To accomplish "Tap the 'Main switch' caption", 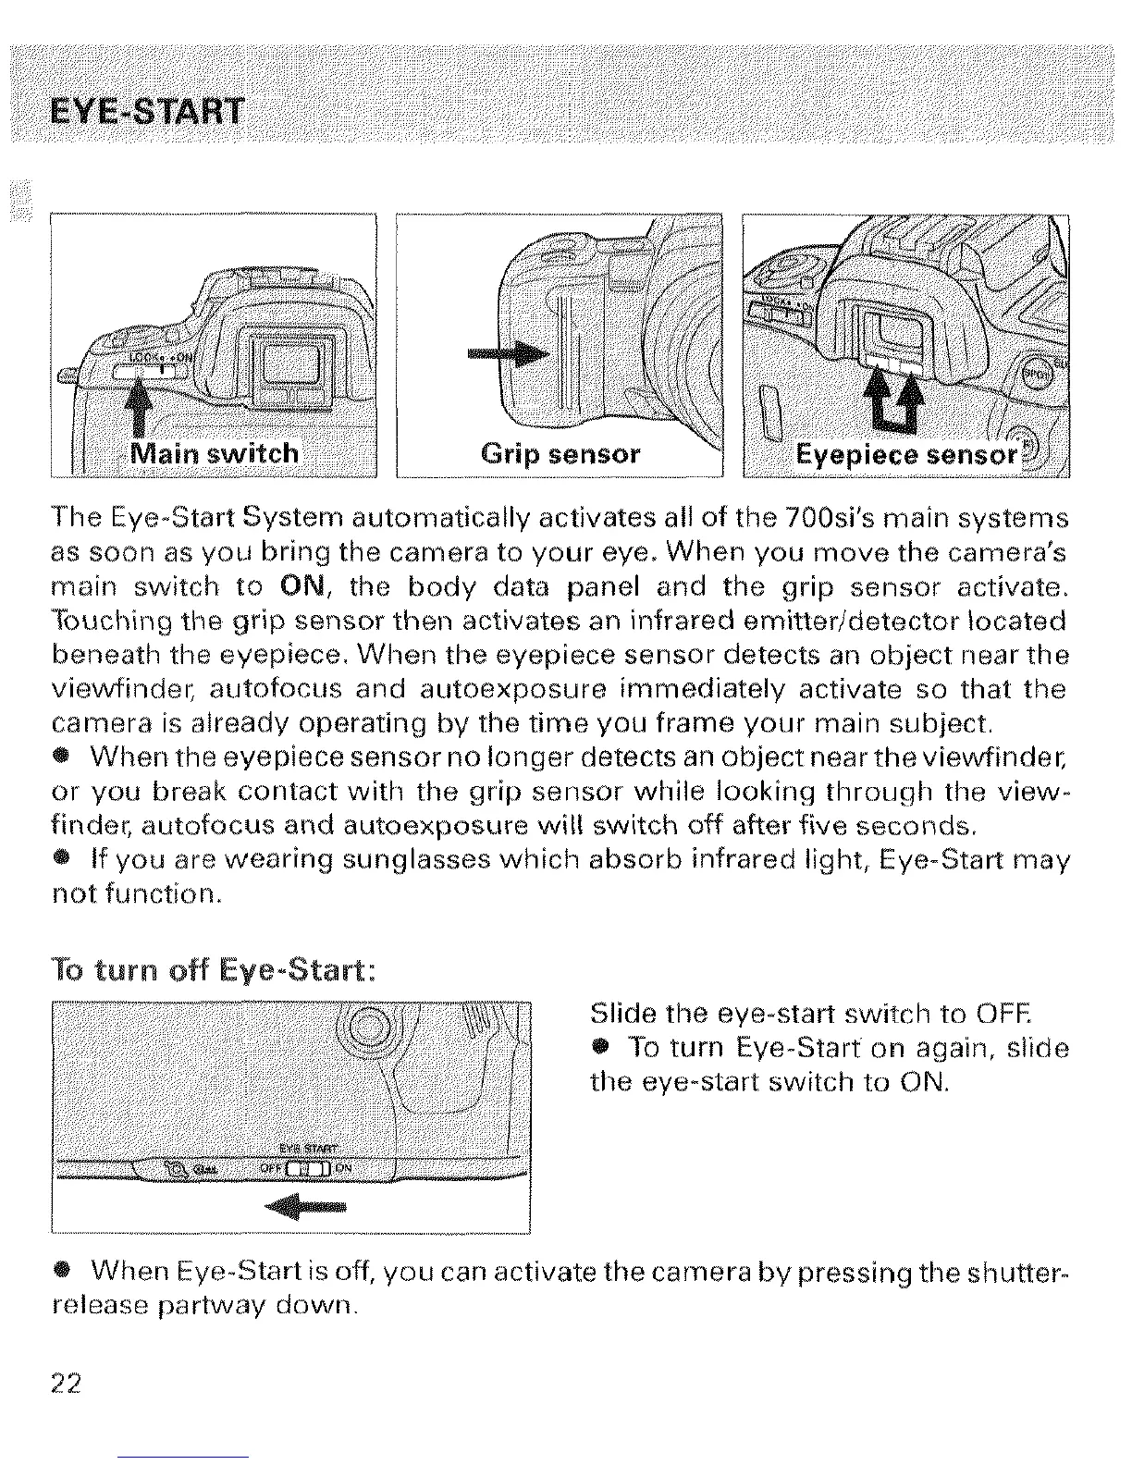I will [x=215, y=453].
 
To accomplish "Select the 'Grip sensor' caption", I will [x=560, y=454].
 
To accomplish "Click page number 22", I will [x=67, y=1385].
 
